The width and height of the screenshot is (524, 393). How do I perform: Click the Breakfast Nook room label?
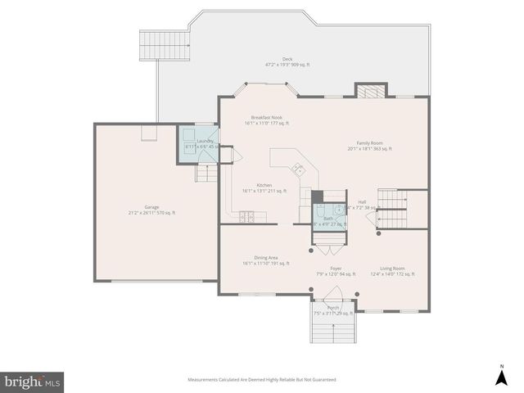pyautogui.click(x=269, y=120)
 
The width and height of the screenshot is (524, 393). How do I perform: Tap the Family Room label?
pyautogui.click(x=370, y=146)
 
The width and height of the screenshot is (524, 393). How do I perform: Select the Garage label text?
pyautogui.click(x=152, y=210)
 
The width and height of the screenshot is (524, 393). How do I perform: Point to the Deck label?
pyautogui.click(x=287, y=61)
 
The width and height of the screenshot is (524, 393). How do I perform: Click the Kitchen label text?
pyautogui.click(x=264, y=187)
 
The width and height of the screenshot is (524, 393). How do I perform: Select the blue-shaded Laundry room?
pyautogui.click(x=198, y=144)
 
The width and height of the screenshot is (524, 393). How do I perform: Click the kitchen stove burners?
pyautogui.click(x=246, y=217)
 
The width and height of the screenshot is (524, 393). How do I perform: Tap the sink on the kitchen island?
pyautogui.click(x=300, y=170)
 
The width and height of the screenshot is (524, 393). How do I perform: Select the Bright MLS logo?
pyautogui.click(x=32, y=382)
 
